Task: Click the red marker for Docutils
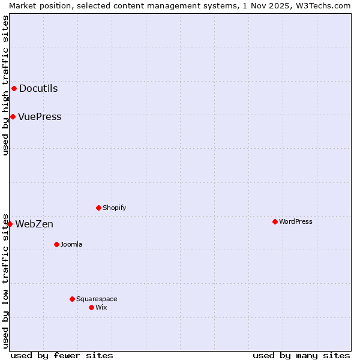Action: (x=14, y=89)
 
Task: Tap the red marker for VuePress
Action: (x=13, y=116)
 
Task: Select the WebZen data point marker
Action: (x=10, y=224)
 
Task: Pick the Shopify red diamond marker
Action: (x=99, y=208)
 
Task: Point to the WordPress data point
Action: (x=275, y=221)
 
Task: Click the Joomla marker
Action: (x=57, y=244)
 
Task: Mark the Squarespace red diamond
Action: (x=73, y=299)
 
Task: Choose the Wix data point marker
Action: (x=92, y=307)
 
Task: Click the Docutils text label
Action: (x=38, y=89)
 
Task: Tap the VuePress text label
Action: (x=40, y=116)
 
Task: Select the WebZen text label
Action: (x=34, y=224)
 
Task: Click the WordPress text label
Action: (x=296, y=221)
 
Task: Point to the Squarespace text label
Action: (x=97, y=299)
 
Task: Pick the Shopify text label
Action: (x=114, y=208)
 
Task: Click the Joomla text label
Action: (x=71, y=244)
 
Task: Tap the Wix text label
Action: (x=101, y=307)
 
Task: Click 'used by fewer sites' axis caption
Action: (x=62, y=355)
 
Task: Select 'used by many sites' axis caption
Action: (x=301, y=355)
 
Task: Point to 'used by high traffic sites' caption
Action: (x=5, y=85)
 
